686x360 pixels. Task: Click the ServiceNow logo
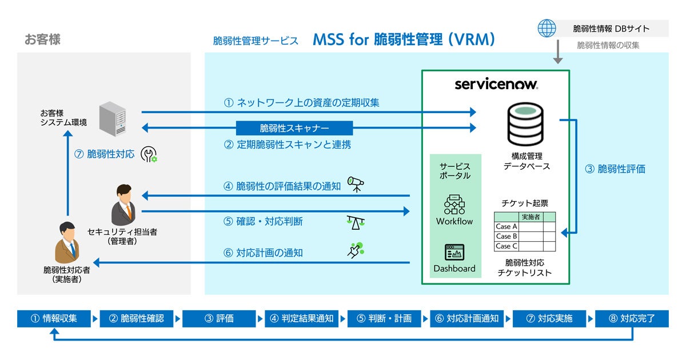point(496,85)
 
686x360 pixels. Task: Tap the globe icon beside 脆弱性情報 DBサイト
point(547,28)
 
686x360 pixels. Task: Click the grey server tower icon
point(111,119)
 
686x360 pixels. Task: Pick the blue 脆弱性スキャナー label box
point(294,127)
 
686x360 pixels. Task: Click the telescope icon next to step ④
point(356,185)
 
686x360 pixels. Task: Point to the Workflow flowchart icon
point(454,204)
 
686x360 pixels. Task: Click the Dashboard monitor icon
point(454,252)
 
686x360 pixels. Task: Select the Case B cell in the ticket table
point(506,236)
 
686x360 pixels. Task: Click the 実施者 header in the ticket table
point(531,217)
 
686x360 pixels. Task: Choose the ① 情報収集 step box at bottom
point(55,318)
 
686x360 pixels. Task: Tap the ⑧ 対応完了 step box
point(631,318)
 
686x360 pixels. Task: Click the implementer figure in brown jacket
point(67,243)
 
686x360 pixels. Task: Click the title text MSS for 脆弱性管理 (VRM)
point(404,40)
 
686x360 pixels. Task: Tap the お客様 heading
point(42,39)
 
